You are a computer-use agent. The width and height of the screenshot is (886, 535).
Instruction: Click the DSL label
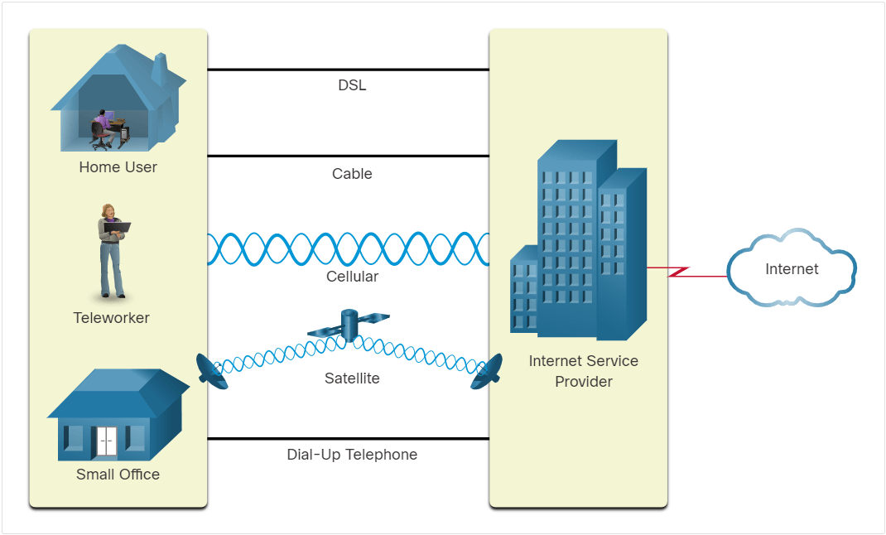(352, 85)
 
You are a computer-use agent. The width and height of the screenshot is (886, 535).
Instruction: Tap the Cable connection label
(352, 174)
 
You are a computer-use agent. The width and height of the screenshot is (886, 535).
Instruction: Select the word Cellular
(352, 277)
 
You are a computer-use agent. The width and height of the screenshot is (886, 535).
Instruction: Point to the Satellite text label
(352, 378)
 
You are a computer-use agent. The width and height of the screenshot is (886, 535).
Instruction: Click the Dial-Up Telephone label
(352, 455)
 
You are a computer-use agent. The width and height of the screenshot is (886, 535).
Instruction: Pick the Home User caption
(118, 167)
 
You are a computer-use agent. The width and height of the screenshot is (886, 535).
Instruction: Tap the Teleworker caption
(111, 318)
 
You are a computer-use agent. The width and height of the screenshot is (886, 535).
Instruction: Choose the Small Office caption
(118, 475)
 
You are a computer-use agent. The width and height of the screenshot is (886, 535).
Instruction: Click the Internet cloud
(792, 268)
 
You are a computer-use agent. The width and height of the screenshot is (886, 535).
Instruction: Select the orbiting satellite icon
(349, 325)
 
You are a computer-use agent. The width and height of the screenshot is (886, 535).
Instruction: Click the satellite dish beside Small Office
(211, 372)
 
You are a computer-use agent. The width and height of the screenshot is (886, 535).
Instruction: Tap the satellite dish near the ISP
(487, 372)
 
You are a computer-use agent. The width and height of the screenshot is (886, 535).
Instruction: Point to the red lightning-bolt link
(686, 272)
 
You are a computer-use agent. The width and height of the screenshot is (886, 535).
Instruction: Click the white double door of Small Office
(106, 441)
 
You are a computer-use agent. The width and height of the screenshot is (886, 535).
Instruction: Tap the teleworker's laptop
(118, 227)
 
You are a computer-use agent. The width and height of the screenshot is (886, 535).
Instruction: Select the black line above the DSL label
(348, 70)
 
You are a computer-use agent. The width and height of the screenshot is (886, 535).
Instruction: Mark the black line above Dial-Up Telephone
(348, 438)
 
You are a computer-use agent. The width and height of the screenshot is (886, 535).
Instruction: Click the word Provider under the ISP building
(584, 382)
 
